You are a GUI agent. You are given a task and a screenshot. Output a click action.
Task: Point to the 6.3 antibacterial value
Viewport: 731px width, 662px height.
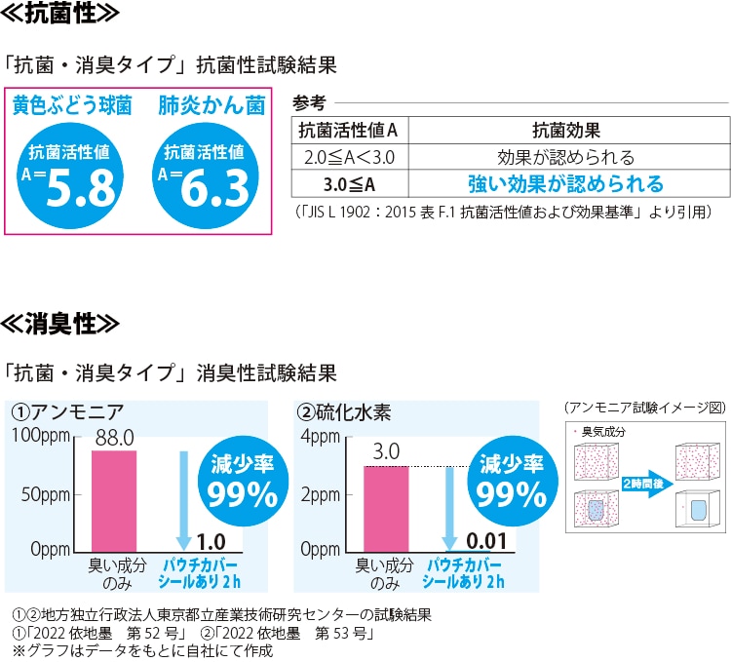pyautogui.click(x=216, y=188)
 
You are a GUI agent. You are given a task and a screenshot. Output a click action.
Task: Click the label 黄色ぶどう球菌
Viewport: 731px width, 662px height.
pyautogui.click(x=72, y=105)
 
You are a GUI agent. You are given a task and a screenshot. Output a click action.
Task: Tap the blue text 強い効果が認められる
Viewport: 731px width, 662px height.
pyautogui.click(x=565, y=182)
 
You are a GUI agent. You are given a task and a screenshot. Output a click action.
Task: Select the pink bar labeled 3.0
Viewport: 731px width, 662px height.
pyautogui.click(x=386, y=507)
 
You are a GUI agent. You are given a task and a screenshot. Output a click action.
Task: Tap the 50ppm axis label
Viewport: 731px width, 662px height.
pyautogui.click(x=45, y=492)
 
